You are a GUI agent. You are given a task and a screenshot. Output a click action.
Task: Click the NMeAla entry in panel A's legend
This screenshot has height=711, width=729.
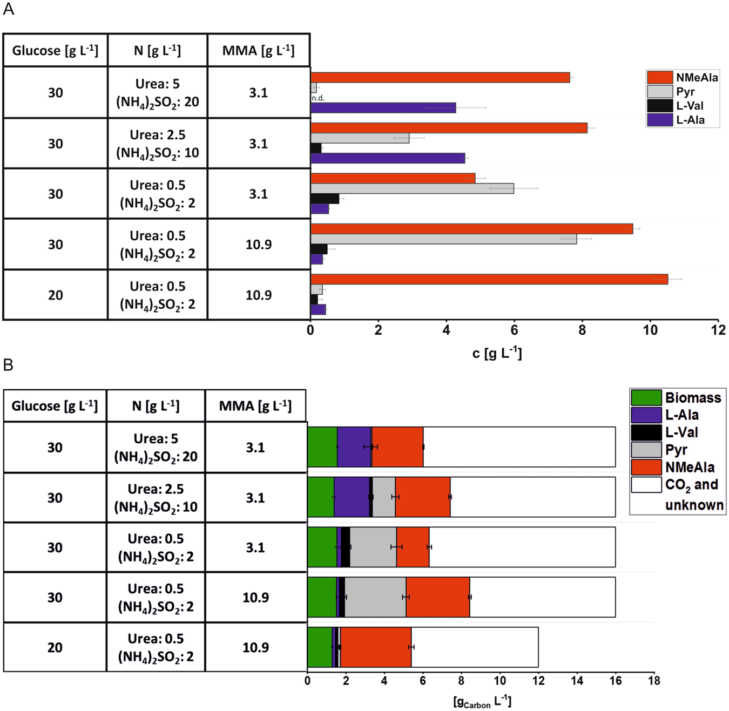coord(684,78)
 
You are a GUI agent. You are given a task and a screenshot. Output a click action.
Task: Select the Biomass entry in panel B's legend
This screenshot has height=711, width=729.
coord(677,398)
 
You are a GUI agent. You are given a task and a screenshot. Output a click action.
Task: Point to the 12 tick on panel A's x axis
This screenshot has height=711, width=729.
coord(718,330)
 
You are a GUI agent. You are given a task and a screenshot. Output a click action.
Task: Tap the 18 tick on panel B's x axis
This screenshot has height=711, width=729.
coord(654,681)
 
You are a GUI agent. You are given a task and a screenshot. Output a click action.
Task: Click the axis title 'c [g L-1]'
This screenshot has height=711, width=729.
coord(497,354)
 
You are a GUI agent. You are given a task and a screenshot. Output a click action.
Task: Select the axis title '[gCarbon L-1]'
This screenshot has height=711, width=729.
coord(482,702)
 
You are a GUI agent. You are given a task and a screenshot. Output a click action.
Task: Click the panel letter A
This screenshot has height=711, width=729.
coord(9,9)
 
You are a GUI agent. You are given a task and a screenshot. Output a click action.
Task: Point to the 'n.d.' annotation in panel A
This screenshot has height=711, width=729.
coord(318,98)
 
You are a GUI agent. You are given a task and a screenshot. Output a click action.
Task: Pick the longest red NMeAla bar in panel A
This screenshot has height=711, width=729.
coord(489,279)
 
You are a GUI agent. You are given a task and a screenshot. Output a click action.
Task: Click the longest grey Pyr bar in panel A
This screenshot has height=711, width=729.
coord(443,239)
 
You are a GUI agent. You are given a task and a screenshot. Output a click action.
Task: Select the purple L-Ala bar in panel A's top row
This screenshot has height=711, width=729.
coord(383,108)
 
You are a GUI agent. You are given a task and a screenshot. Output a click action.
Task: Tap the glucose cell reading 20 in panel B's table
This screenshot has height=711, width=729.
coord(55,647)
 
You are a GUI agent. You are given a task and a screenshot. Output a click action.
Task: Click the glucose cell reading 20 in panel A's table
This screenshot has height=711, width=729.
coord(55,295)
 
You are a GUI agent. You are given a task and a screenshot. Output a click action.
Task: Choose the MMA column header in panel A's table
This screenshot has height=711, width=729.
coord(258,51)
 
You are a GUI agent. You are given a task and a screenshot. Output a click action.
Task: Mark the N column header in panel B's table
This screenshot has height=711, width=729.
coord(156,406)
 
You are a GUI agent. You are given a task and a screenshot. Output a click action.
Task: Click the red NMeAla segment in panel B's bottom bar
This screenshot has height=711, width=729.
coord(376,647)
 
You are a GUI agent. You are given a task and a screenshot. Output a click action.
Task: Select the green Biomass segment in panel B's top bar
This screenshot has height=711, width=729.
coord(322,447)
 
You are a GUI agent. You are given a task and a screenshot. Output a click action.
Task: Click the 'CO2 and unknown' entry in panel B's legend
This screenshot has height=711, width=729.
coord(678,494)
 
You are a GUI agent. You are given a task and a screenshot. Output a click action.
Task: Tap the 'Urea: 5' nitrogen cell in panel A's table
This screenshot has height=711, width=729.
coord(157,93)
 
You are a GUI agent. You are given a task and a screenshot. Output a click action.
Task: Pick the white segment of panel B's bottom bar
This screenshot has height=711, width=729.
coord(475,647)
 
